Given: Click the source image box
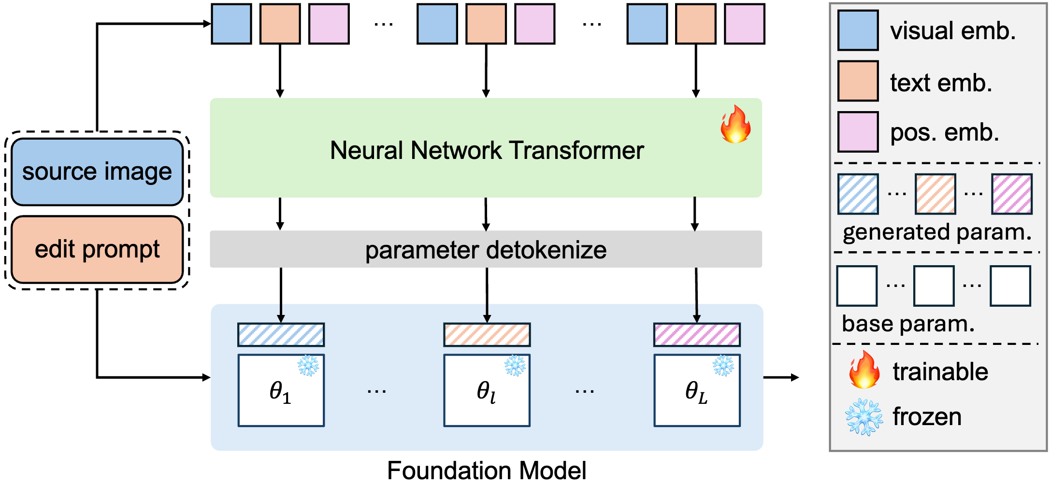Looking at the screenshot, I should tap(97, 172).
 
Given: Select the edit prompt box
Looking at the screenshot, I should tap(97, 249).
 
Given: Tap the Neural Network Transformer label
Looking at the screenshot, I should tap(487, 150).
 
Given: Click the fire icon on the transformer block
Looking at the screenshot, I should tap(735, 125).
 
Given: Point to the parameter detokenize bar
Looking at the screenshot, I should tap(486, 250).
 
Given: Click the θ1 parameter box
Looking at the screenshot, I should tap(281, 390).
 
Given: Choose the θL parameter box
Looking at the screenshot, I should tap(697, 390).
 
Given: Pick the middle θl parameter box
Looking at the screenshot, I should tap(487, 390).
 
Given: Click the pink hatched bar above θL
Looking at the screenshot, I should tap(697, 335).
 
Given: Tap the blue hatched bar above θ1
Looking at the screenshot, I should tap(281, 335).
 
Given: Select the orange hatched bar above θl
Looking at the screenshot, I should tap(487, 335).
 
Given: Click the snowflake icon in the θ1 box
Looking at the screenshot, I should tap(308, 366).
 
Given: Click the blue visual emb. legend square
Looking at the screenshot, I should tap(858, 30).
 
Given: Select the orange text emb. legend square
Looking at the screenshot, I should tap(858, 81).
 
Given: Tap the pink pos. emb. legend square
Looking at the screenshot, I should tap(858, 132).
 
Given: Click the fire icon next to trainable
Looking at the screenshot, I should tap(864, 370).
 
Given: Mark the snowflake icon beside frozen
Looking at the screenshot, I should tap(864, 417).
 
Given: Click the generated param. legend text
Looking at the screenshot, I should tap(937, 232).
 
